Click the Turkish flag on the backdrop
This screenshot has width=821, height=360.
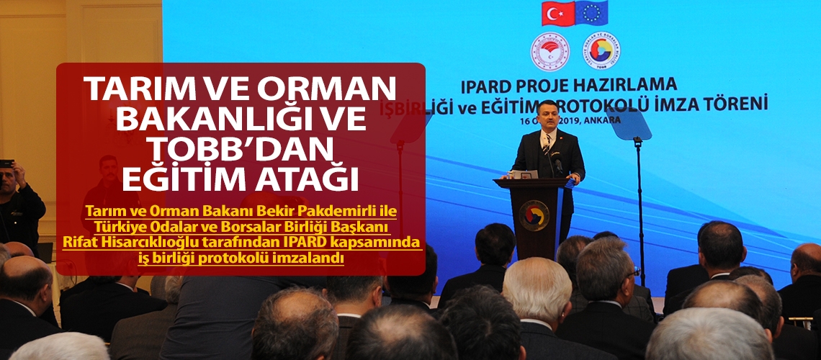(x=557, y=13)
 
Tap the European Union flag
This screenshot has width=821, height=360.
(x=592, y=12)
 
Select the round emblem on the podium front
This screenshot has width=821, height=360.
(x=534, y=215)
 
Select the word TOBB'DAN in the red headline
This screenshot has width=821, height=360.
(x=240, y=150)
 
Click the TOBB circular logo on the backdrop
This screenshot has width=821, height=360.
(x=601, y=50)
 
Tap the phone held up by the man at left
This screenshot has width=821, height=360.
(x=6, y=163)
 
